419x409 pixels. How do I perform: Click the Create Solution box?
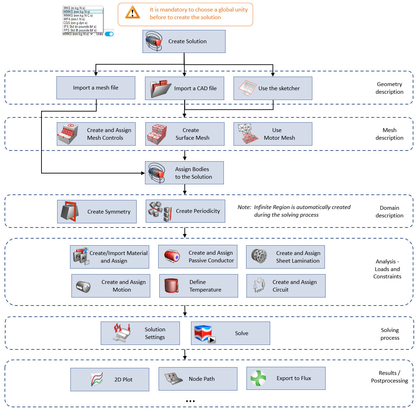tap(184, 41)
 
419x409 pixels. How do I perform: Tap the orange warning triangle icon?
tap(132, 13)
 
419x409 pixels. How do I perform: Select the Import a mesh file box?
tap(96, 88)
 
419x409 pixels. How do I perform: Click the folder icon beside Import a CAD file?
tap(160, 89)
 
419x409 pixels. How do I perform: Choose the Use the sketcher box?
tap(273, 88)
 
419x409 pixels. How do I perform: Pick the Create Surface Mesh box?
tap(185, 134)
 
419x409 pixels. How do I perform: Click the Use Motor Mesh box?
tap(273, 134)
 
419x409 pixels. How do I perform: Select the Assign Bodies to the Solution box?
tap(184, 173)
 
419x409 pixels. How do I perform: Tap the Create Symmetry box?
tap(97, 211)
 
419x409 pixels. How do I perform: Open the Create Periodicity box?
tap(185, 211)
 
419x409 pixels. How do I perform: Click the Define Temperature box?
tap(198, 286)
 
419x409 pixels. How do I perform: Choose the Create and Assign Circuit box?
tap(286, 286)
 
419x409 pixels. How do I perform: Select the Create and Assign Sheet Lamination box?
tap(285, 257)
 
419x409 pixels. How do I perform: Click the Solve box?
tap(230, 333)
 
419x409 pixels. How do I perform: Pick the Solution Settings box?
tap(140, 333)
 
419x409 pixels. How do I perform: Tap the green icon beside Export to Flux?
tap(258, 378)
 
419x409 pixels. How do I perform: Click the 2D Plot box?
tap(109, 379)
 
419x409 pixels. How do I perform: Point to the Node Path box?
tap(198, 379)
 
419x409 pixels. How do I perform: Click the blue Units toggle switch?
tap(109, 34)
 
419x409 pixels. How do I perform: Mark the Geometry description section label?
tap(389, 88)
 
